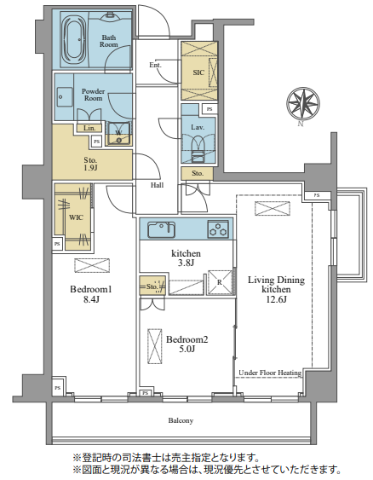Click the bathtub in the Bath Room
(74, 40)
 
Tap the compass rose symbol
(303, 103)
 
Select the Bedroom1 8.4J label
(91, 294)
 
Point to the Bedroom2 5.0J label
(186, 344)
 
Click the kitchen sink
(161, 229)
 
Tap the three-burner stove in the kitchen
(218, 229)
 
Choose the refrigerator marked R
(220, 282)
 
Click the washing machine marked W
(118, 134)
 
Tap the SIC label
(198, 72)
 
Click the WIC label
(76, 217)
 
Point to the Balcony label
(181, 420)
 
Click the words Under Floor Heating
(270, 373)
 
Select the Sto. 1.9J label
(90, 164)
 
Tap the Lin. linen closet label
(89, 128)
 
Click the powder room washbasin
(65, 97)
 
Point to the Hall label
(157, 185)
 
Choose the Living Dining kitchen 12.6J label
(276, 289)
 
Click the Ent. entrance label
(155, 65)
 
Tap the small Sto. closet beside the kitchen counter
(152, 286)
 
